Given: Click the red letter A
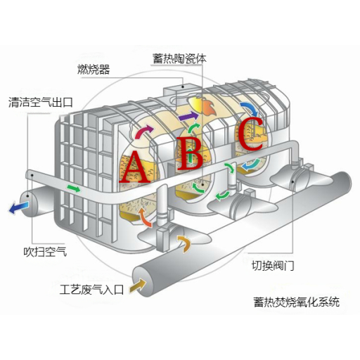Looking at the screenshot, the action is click(135, 167).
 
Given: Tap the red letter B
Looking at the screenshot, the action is click(189, 153).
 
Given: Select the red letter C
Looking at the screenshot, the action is click(250, 134).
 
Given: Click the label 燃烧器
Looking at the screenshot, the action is click(94, 70).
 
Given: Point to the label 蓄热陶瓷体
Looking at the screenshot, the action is click(179, 58).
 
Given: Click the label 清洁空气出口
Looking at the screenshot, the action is click(41, 102).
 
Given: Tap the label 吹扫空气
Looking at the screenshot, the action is click(46, 252).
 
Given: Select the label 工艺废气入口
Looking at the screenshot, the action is click(91, 290).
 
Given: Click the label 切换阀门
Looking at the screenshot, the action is click(273, 266).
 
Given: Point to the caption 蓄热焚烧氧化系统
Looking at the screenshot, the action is click(297, 302).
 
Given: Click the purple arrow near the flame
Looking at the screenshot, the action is click(188, 116).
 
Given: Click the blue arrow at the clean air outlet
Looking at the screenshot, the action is click(19, 208).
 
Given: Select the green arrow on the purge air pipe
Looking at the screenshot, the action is click(74, 188).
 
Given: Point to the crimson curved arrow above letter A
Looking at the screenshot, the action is click(143, 131).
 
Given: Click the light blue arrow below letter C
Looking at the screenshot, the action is click(251, 165).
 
